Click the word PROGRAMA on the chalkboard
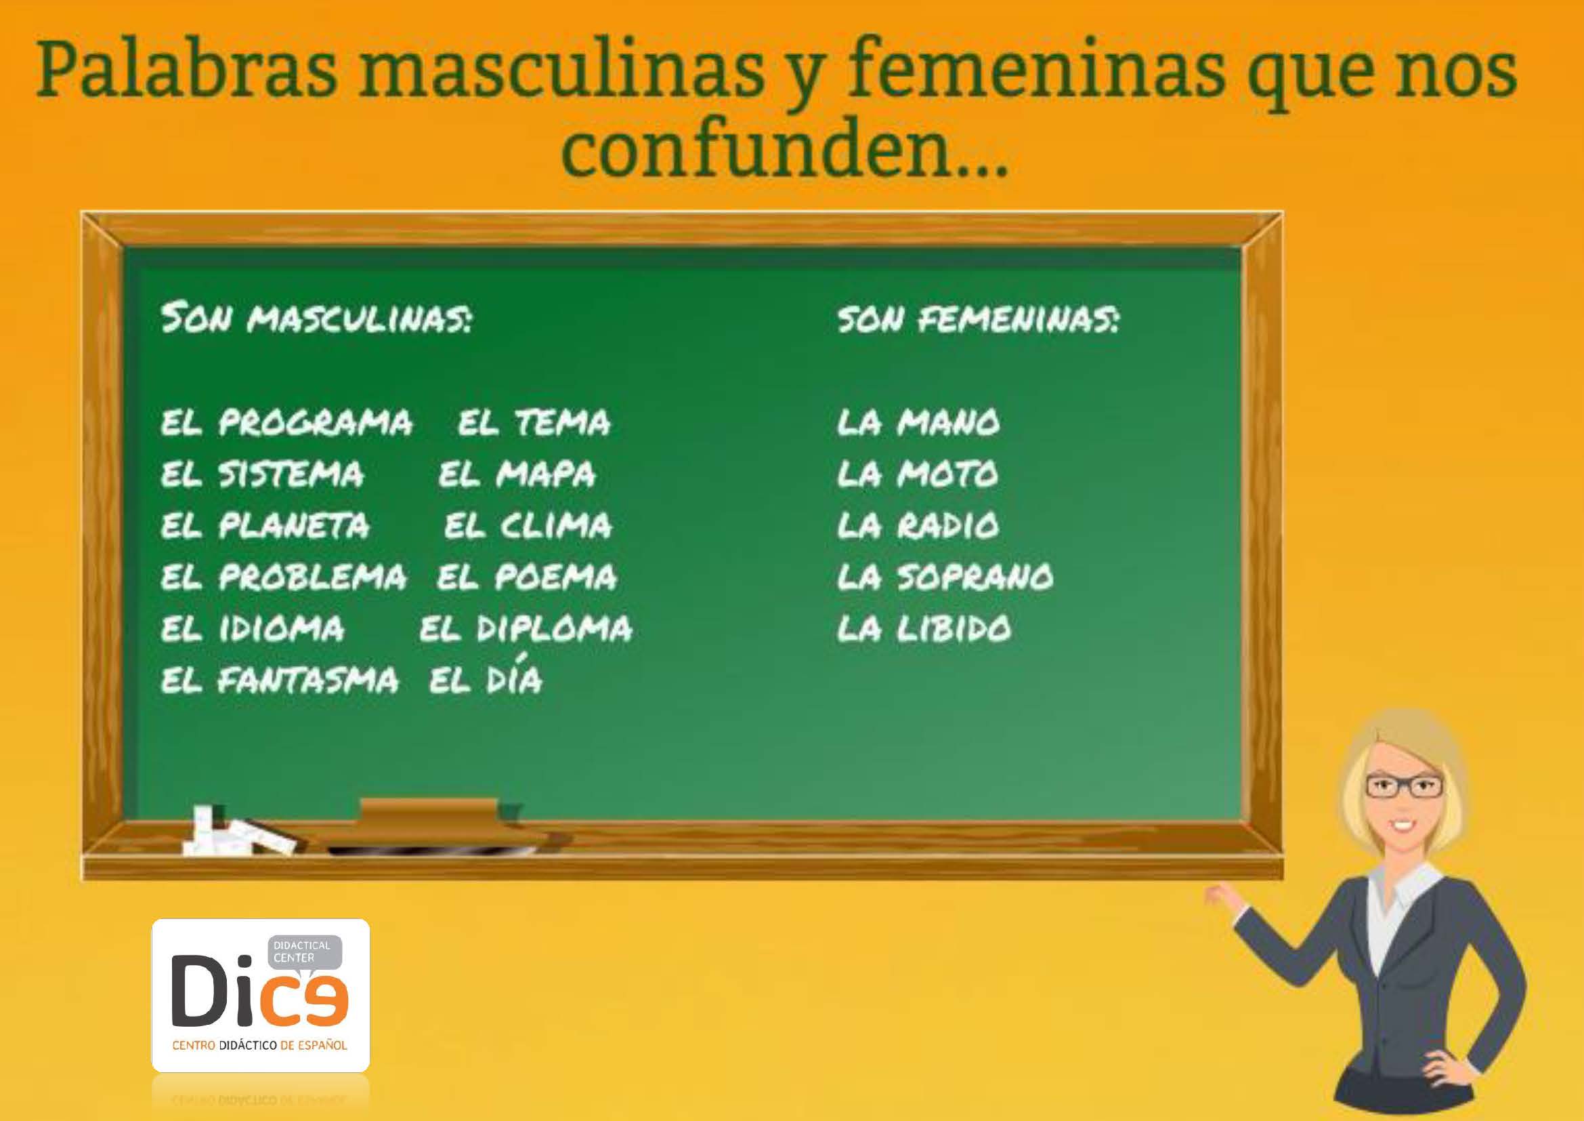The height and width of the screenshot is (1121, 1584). (x=316, y=422)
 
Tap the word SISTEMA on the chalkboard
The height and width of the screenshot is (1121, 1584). (x=291, y=474)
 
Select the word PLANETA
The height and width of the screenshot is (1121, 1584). (x=294, y=526)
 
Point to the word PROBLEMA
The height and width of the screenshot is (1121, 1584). (x=312, y=577)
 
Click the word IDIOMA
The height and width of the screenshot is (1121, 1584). (x=281, y=629)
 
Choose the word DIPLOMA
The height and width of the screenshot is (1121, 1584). (x=555, y=629)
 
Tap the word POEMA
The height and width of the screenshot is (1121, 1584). (x=555, y=577)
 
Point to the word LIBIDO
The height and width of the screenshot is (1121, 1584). (x=954, y=629)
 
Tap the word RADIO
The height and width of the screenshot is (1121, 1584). (x=948, y=526)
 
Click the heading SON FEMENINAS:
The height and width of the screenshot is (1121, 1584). (x=979, y=321)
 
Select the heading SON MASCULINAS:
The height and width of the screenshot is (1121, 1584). (x=317, y=321)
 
